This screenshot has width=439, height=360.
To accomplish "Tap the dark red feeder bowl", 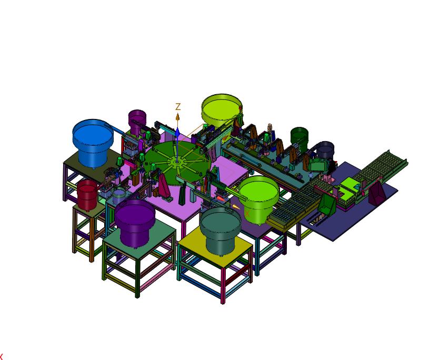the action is pyautogui.click(x=87, y=195).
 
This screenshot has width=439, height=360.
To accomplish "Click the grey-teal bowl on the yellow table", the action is pyautogui.click(x=221, y=230).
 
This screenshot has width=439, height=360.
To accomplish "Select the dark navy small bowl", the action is pyautogui.click(x=325, y=149).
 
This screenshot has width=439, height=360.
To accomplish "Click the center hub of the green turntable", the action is pyautogui.click(x=177, y=162).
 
